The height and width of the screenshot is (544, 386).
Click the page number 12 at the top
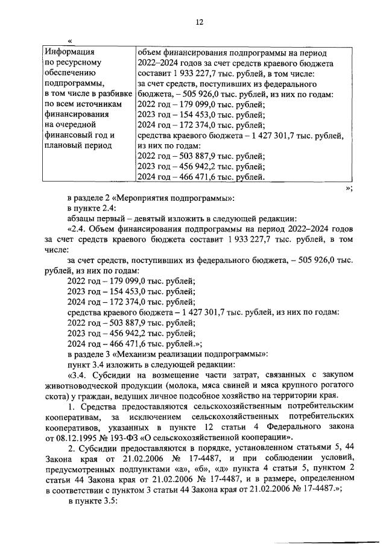(199, 22)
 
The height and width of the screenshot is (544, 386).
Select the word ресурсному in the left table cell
(78, 62)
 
